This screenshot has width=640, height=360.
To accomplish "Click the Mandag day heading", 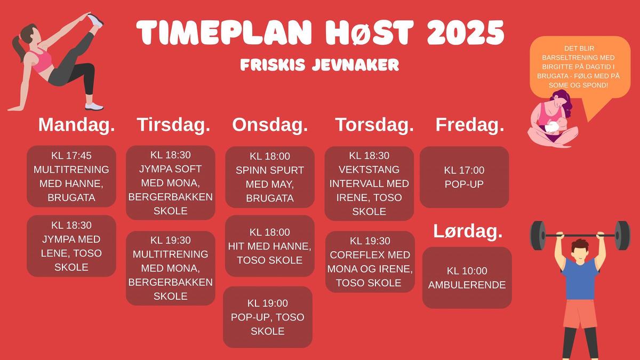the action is point(77,125).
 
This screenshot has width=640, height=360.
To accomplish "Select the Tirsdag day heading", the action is point(173,125).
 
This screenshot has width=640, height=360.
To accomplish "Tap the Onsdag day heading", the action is point(270,125).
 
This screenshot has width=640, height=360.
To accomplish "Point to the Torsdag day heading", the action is point(374,125).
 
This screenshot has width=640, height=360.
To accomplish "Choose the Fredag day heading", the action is point(470,125).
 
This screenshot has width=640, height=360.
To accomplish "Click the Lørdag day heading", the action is point(468,231).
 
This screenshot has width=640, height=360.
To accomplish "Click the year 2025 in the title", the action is point(466,33).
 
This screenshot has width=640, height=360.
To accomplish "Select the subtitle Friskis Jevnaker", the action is point(319,65).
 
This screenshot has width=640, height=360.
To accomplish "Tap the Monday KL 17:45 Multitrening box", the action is point(71,177).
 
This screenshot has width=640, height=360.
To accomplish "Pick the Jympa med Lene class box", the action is point(71,246).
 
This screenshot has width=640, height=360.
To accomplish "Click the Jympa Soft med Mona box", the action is point(171,183).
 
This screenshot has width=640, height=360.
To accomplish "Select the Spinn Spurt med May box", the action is point(270,177).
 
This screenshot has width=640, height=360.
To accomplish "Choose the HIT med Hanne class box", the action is point(270,246).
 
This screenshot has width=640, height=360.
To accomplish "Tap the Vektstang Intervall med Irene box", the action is point(369,183).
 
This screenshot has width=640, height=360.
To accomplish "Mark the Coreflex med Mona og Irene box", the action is point(370,262).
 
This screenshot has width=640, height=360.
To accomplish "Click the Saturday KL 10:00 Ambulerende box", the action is point(467,278).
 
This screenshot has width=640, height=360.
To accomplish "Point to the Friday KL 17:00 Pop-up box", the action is point(465,177).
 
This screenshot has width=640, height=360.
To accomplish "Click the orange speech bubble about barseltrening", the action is point(580,67).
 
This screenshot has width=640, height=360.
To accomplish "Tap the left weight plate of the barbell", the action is point(538,235).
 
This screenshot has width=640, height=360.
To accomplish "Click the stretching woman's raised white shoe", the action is point(95,20).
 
